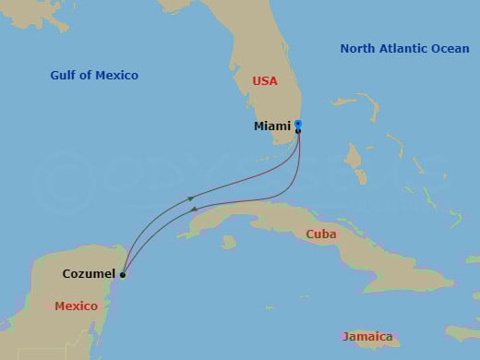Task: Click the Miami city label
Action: [x=272, y=126]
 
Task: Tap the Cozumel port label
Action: [x=89, y=273]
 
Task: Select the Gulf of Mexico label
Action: [x=95, y=75]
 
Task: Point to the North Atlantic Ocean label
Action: [x=404, y=48]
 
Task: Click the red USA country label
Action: [x=265, y=81]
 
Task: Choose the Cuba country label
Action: [x=322, y=234]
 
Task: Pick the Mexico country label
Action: [x=76, y=306]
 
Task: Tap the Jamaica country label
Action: [x=367, y=337]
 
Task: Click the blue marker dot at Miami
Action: [x=298, y=124]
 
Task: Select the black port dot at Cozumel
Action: [x=122, y=274]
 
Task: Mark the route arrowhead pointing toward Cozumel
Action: [x=196, y=210]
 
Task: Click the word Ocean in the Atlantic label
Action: [x=449, y=48]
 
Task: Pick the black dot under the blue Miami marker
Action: [x=298, y=131]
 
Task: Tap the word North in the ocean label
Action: [x=357, y=48]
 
